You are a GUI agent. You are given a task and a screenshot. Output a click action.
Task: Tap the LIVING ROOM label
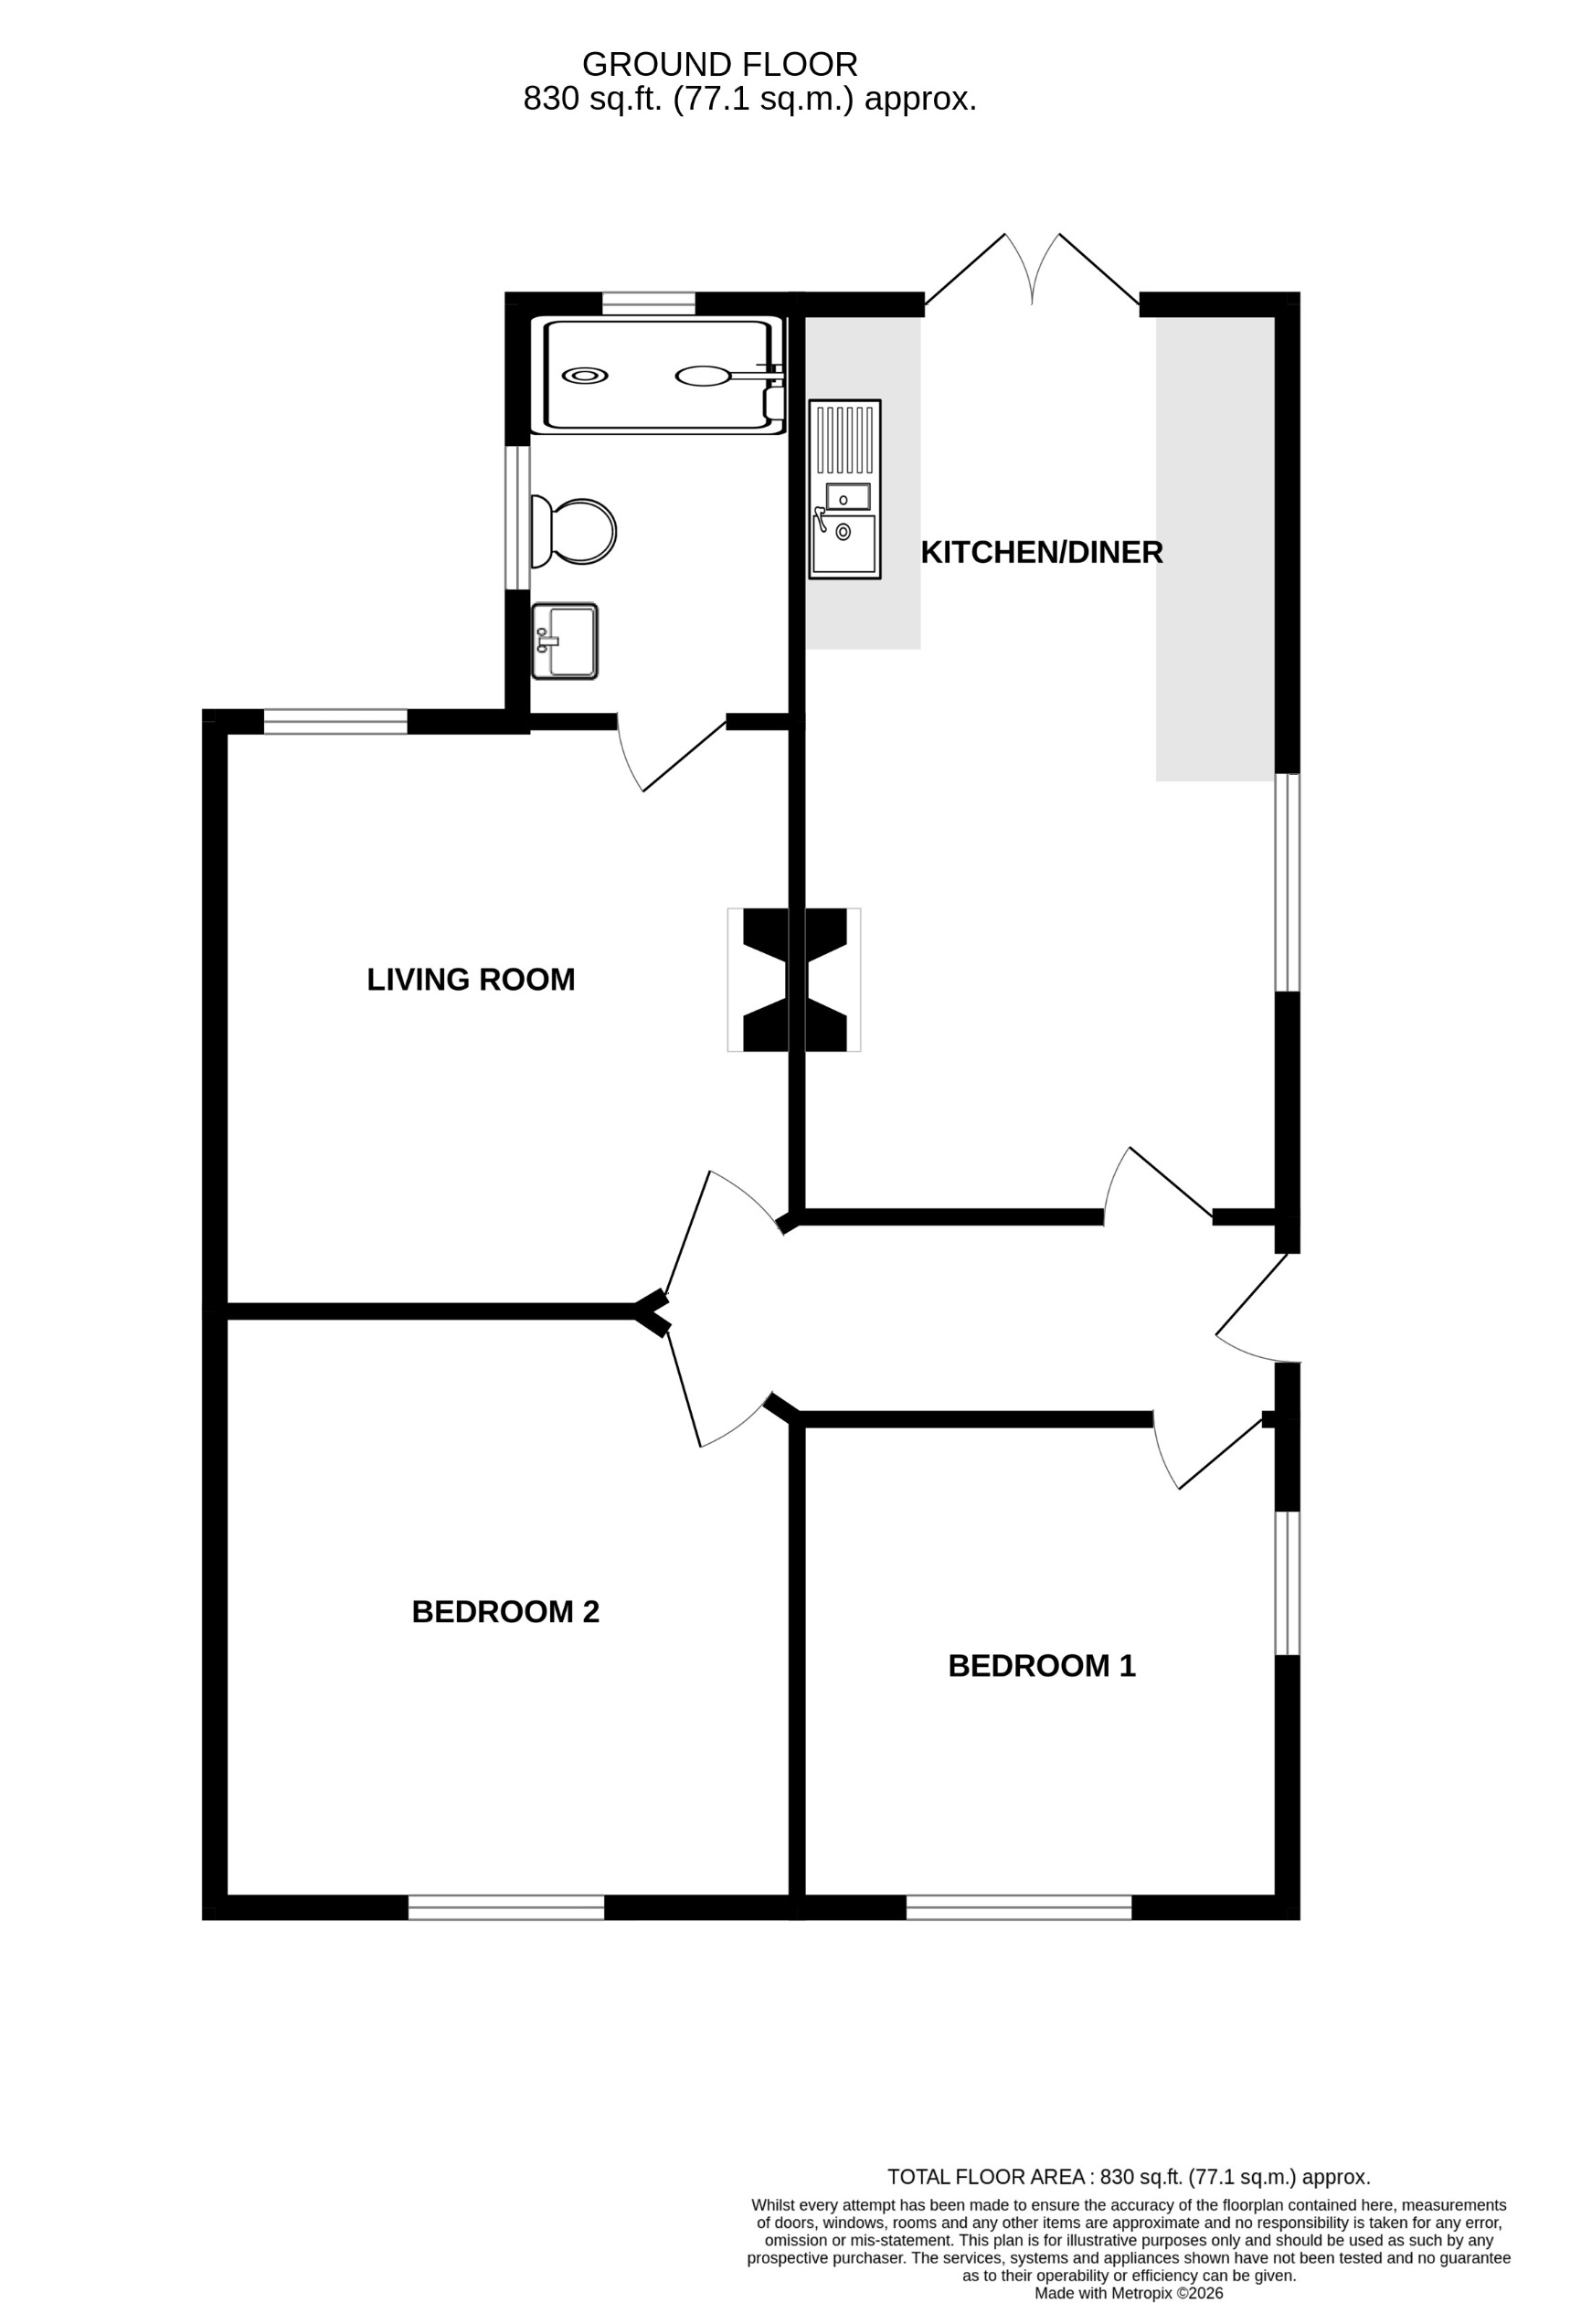point(471,980)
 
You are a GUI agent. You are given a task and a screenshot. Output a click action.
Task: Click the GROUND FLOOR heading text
point(719,64)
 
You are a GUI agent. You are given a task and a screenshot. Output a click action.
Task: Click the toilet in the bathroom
point(574,532)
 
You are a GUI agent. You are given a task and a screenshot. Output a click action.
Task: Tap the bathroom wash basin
point(565,642)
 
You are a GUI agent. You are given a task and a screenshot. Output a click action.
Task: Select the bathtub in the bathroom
point(657,376)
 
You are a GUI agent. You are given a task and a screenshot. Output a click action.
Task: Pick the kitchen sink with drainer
point(844,489)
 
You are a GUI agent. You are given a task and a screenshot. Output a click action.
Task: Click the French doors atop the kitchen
point(1032,272)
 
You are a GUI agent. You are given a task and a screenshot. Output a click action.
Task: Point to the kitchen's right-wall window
point(1287,882)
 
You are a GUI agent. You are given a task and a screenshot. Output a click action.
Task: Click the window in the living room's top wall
point(335,721)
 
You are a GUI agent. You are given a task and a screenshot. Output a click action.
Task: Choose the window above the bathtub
point(648,303)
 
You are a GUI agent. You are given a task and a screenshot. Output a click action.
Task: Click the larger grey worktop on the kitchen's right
point(1215,548)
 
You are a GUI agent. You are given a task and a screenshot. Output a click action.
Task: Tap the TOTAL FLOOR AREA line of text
point(1128,2177)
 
